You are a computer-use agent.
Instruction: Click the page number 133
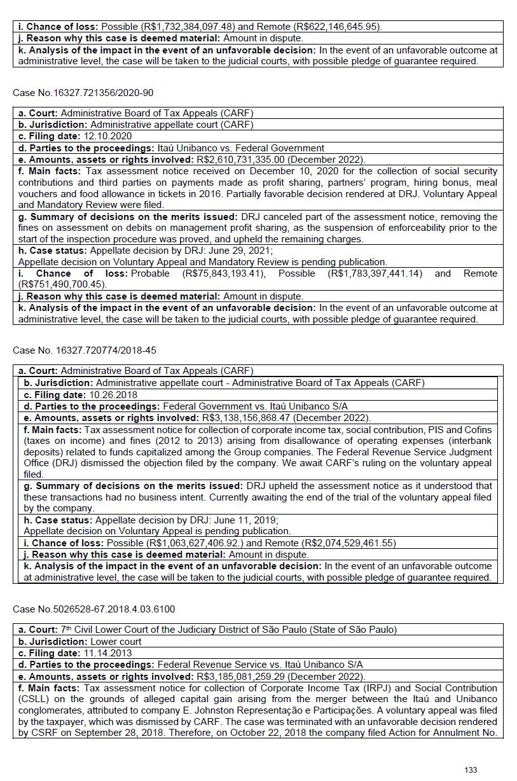click(x=471, y=770)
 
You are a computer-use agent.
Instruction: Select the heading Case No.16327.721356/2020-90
click(x=83, y=93)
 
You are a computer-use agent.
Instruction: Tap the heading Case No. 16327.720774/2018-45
click(x=84, y=350)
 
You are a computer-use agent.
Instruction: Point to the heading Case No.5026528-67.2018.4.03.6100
click(x=93, y=609)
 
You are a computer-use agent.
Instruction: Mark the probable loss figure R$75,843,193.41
click(x=224, y=273)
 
